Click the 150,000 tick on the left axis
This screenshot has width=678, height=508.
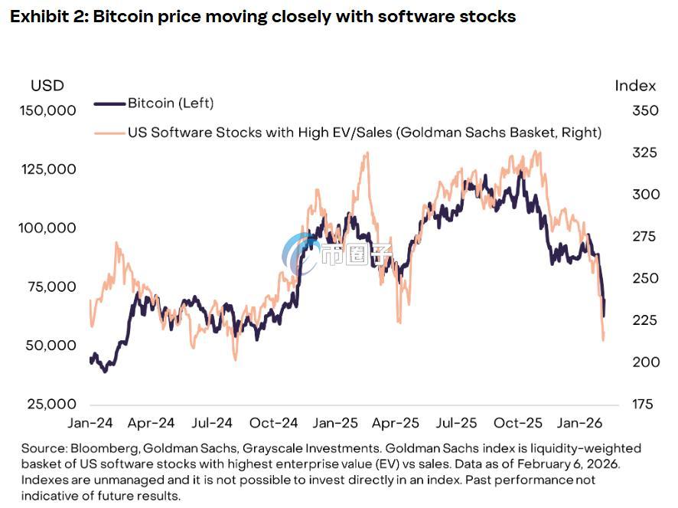[47, 110]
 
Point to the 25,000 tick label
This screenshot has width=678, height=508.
[51, 404]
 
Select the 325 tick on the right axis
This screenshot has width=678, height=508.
[644, 152]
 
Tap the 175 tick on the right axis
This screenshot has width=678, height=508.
[643, 404]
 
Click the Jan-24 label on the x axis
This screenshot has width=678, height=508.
[90, 423]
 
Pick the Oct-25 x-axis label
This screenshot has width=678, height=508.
[517, 423]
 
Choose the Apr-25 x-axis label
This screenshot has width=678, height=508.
[395, 423]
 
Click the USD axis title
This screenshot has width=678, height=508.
[47, 86]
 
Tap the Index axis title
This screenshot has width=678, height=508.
[635, 86]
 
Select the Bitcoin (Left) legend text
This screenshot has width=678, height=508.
[171, 103]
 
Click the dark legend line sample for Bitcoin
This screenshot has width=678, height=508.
[109, 103]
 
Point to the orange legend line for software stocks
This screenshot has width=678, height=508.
[109, 133]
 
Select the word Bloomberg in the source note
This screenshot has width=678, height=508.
[105, 448]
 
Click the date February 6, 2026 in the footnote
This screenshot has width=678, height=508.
[568, 464]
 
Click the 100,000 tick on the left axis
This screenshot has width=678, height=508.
[47, 228]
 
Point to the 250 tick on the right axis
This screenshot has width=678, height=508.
[645, 278]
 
